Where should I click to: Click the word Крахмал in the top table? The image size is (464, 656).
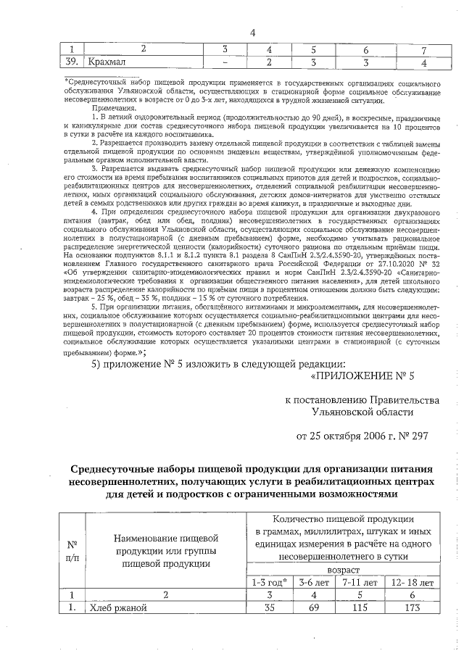[107, 62]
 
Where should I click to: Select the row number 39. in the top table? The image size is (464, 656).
[71, 62]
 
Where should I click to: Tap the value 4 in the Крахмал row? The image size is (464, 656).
[423, 62]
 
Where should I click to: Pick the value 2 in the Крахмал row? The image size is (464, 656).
[269, 62]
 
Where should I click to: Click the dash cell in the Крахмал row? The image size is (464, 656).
[225, 62]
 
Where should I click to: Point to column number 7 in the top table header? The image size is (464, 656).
[423, 49]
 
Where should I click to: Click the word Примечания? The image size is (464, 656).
[107, 108]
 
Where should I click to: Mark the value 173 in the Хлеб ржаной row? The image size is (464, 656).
[413, 608]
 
